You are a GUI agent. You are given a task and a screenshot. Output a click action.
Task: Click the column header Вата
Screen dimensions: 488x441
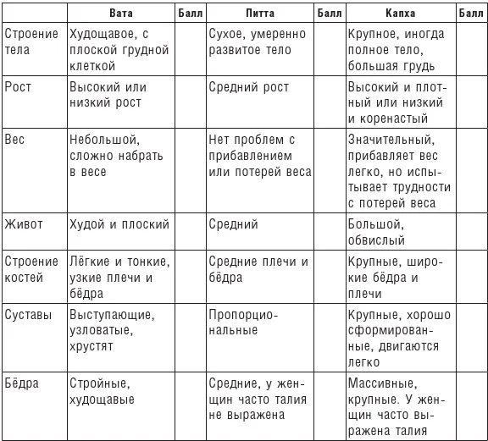pos(121,14)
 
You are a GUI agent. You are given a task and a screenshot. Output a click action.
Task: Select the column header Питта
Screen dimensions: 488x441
pos(260,14)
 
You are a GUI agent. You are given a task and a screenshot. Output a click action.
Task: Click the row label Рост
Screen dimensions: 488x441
pos(19,87)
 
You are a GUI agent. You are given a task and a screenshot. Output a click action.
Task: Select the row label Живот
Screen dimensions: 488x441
pos(25,224)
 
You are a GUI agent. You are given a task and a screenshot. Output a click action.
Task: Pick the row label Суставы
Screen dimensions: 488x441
pos(29,314)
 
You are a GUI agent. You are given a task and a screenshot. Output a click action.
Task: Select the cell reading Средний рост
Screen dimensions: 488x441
pos(249,87)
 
